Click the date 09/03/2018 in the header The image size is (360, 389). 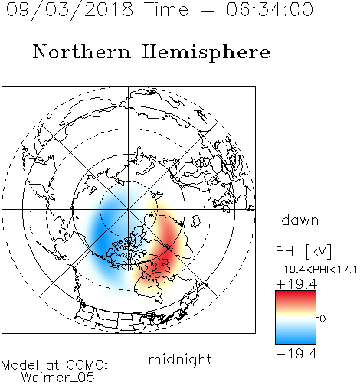click(70, 10)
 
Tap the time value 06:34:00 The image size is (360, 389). click(270, 10)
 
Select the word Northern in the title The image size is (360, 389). click(82, 51)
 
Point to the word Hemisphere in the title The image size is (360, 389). click(206, 52)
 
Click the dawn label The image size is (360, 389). click(300, 220)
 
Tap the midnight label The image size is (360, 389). click(180, 359)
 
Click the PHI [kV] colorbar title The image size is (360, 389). click(303, 251)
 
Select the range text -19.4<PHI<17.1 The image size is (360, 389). click(316, 270)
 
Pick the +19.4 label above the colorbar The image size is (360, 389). click(296, 284)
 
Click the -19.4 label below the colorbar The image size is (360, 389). click(296, 354)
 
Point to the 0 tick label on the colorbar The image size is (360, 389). click(322, 319)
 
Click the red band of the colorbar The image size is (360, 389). click(296, 297)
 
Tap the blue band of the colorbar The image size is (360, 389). click(296, 337)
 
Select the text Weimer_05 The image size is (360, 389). click(58, 378)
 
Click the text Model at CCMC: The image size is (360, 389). click(54, 365)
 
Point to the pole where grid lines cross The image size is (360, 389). click(129, 209)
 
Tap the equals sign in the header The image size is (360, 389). click(207, 10)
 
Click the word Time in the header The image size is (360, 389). click(166, 10)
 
